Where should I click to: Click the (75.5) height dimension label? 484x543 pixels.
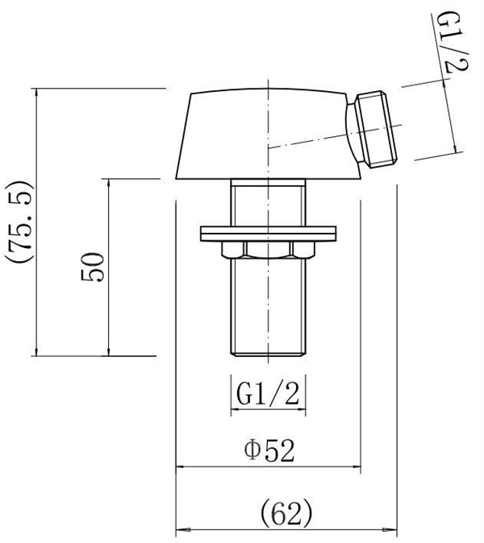(x=19, y=221)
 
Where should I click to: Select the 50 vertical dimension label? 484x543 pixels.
(x=92, y=267)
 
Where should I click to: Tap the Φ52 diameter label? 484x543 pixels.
(x=269, y=450)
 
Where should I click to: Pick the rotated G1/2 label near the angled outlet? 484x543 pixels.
(x=453, y=42)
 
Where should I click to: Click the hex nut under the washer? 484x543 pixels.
(x=268, y=250)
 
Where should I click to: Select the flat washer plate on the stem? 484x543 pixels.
(x=268, y=234)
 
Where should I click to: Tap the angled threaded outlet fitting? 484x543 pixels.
(x=372, y=131)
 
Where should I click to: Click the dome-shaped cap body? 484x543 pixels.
(x=267, y=135)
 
